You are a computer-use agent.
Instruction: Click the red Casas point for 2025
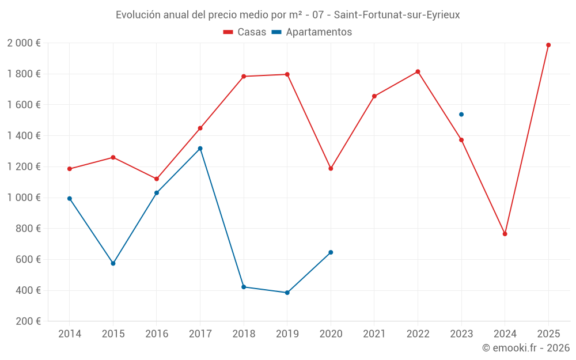(548, 45)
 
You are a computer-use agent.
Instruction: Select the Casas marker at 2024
(505, 234)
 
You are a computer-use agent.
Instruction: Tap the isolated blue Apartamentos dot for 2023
(461, 115)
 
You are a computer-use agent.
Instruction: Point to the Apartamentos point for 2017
(200, 149)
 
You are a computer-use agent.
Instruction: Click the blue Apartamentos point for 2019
(287, 293)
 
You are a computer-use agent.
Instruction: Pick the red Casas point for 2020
(331, 169)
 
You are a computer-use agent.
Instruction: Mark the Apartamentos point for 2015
(113, 263)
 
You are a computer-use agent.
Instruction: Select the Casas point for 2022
(418, 71)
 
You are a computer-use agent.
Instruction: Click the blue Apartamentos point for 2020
(331, 252)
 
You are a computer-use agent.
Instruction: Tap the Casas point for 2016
(157, 179)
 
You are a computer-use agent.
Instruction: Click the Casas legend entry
(245, 32)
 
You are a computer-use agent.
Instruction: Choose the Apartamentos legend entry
(311, 32)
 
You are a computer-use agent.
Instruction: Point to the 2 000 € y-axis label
(24, 43)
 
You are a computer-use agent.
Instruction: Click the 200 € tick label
(28, 321)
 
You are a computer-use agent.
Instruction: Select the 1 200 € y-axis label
(24, 167)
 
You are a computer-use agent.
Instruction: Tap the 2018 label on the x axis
(244, 334)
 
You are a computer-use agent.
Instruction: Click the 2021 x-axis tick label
(374, 334)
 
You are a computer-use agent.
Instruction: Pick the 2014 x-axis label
(70, 334)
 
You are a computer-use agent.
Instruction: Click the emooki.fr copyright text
(525, 348)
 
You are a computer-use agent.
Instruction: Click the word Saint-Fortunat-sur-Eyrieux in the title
(397, 15)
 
